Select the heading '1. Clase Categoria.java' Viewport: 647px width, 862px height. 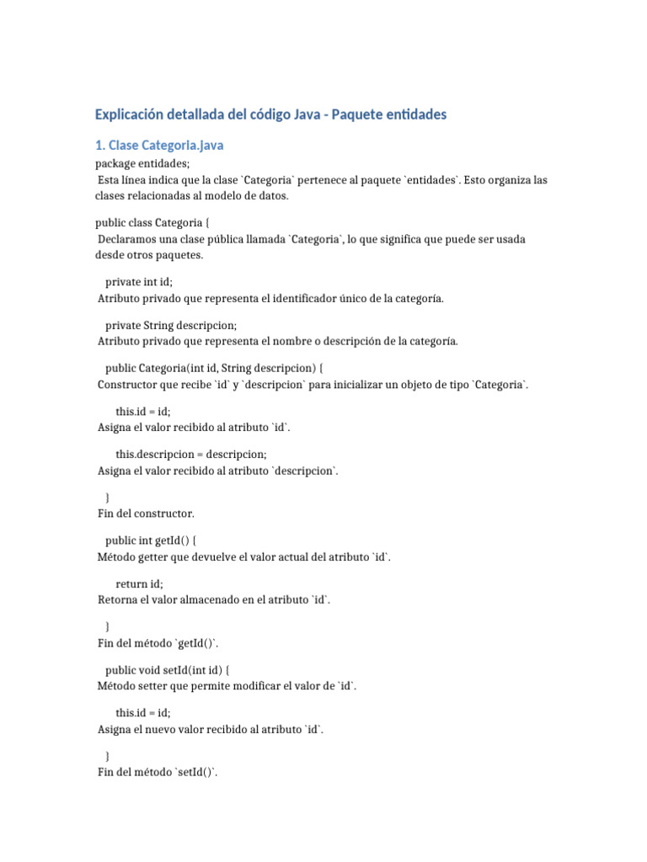click(x=159, y=146)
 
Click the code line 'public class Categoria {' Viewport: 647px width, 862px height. click(x=152, y=222)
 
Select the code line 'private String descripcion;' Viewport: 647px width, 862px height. click(x=171, y=325)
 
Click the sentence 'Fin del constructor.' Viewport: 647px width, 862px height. click(x=146, y=513)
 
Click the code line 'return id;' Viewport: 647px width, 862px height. click(x=140, y=583)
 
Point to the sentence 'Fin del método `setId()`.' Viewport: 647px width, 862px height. click(x=158, y=772)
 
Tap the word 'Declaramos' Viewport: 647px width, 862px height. click(x=127, y=239)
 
